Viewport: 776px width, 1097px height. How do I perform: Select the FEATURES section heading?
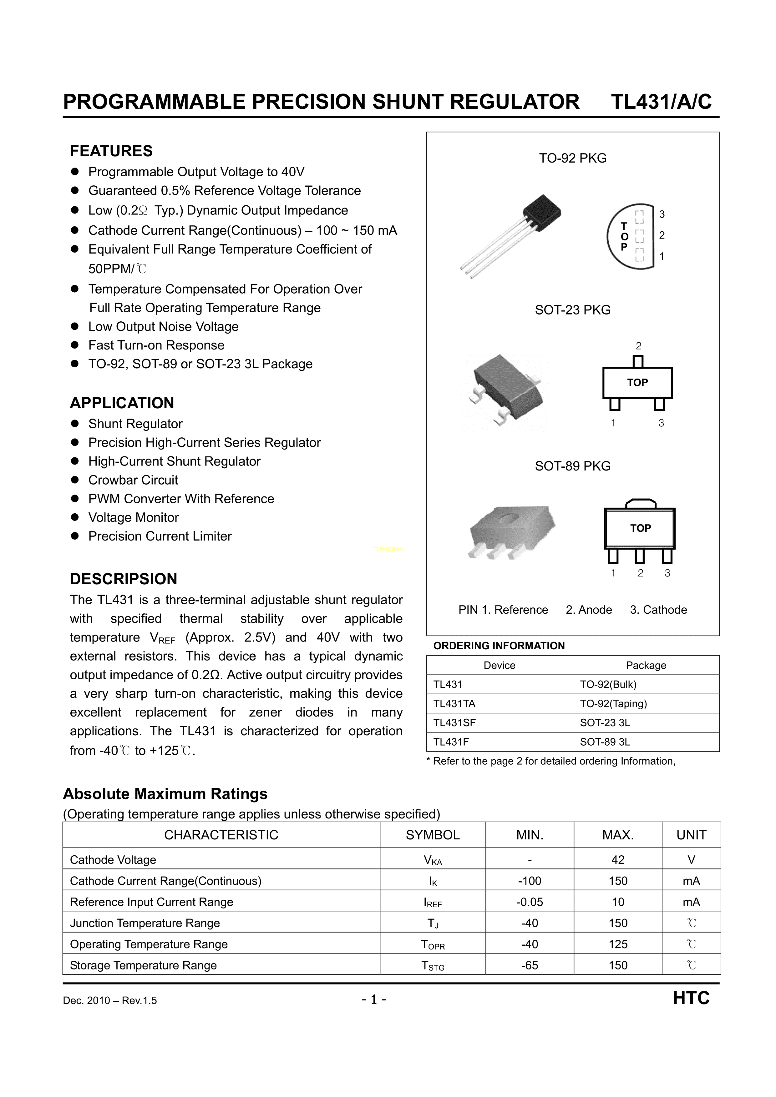(111, 151)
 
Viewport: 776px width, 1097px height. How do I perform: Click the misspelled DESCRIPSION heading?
(123, 579)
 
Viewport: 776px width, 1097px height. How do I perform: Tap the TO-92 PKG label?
(572, 158)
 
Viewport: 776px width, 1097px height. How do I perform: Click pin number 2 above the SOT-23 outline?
(638, 346)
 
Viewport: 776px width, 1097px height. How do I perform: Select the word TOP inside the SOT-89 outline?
(640, 528)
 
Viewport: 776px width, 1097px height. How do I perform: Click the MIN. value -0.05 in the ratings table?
(529, 902)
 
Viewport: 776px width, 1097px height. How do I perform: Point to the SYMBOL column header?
(432, 835)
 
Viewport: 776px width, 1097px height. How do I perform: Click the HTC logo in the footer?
(691, 998)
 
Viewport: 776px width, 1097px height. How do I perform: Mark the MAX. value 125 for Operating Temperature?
(618, 944)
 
